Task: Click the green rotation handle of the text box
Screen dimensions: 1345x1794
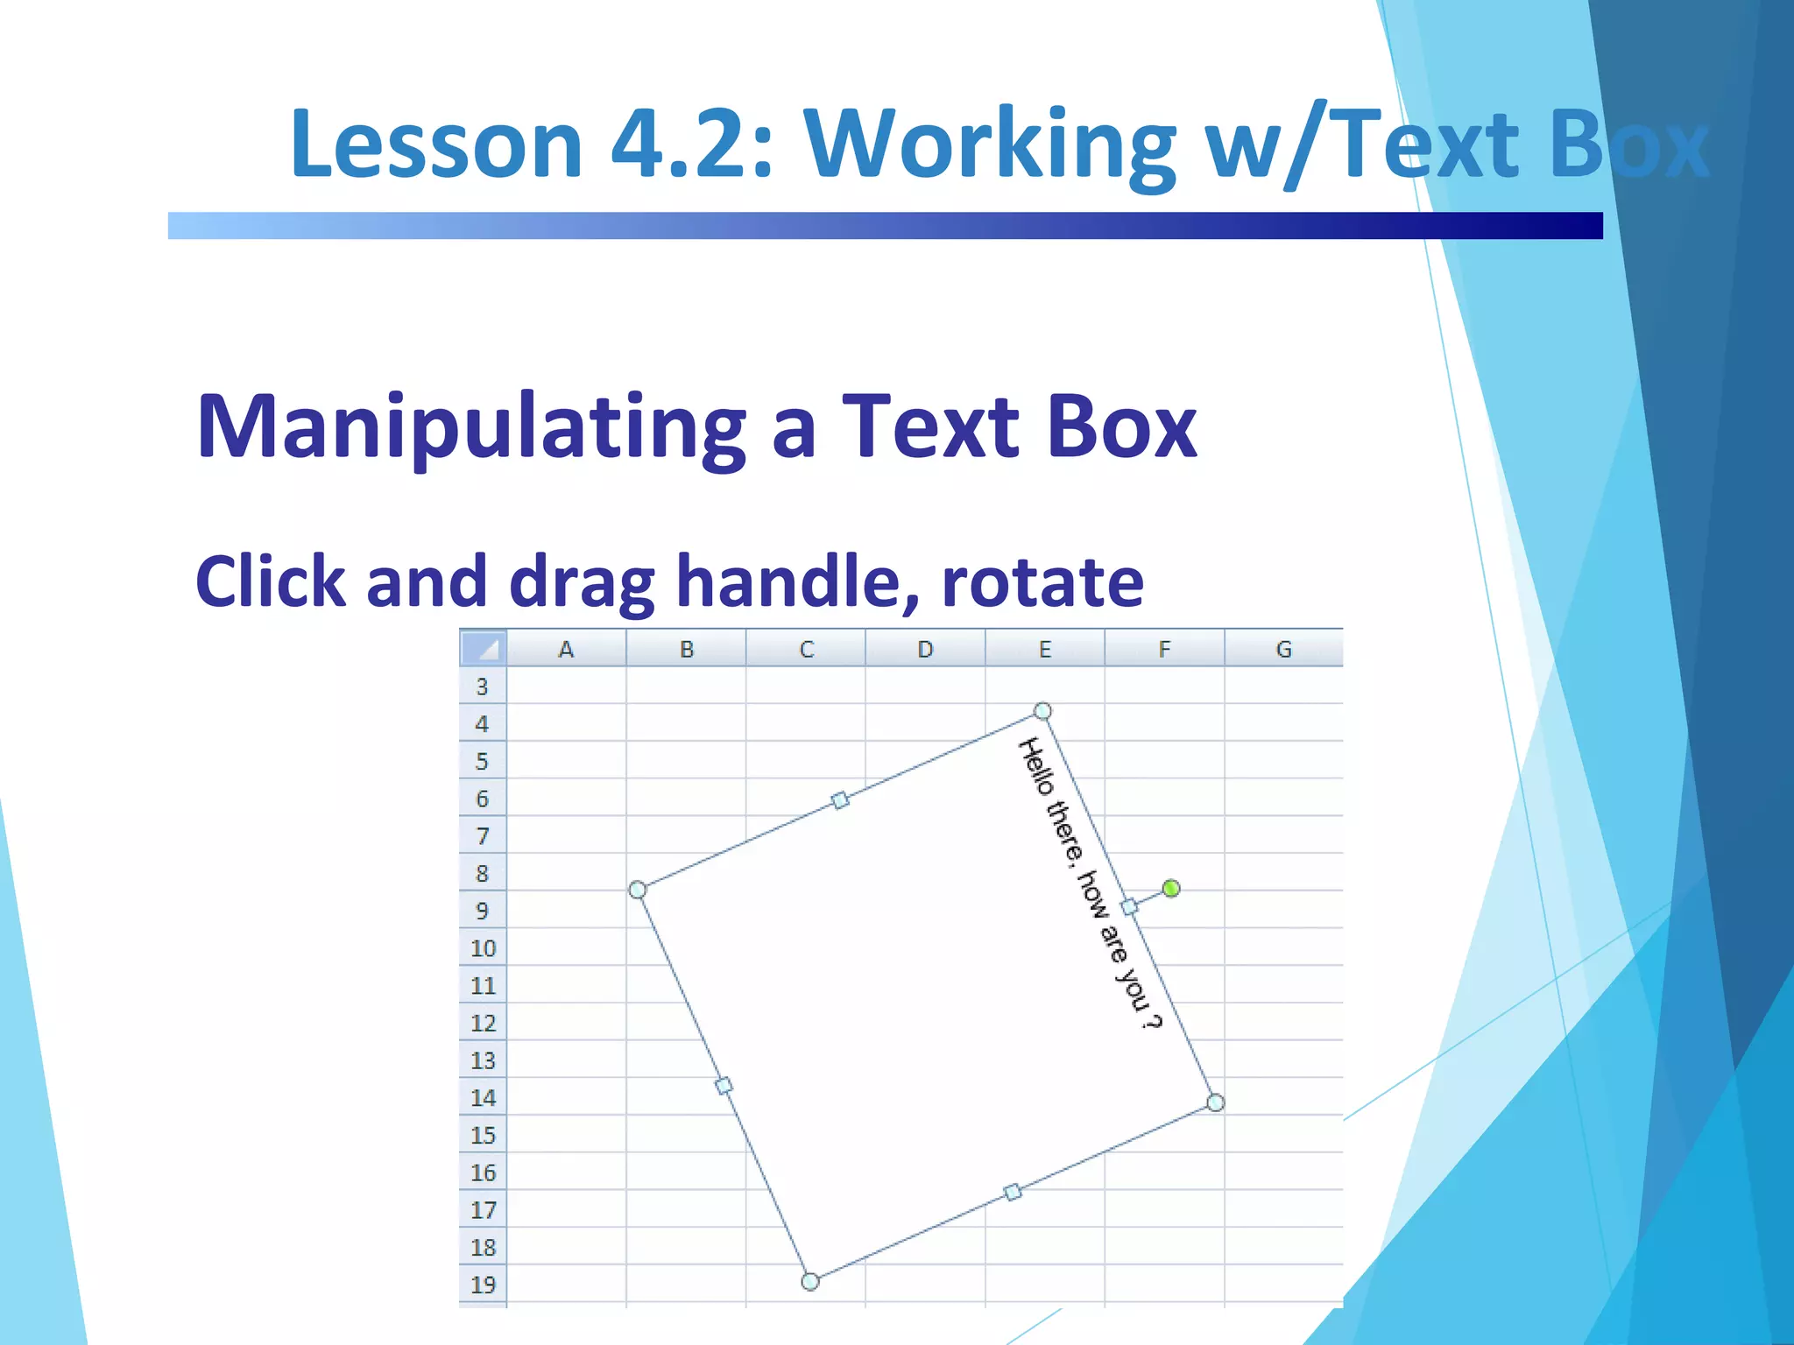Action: click(1170, 889)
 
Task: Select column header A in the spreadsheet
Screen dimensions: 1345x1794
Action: click(566, 649)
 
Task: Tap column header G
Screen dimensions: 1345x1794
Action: click(1283, 649)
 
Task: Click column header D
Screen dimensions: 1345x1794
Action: click(925, 649)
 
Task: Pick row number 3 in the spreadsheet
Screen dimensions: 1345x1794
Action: click(482, 687)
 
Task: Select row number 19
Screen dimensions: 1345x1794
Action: click(483, 1285)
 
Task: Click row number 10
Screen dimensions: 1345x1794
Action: click(483, 948)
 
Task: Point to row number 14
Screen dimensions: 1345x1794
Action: click(483, 1098)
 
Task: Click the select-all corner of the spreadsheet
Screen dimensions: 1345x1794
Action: click(484, 648)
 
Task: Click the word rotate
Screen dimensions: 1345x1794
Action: click(1042, 581)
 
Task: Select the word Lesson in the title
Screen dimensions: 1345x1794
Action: click(436, 144)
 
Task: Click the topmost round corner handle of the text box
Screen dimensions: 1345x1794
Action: click(1042, 710)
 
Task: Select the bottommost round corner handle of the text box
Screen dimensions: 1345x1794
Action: click(810, 1282)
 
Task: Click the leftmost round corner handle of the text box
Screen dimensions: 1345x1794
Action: click(638, 890)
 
